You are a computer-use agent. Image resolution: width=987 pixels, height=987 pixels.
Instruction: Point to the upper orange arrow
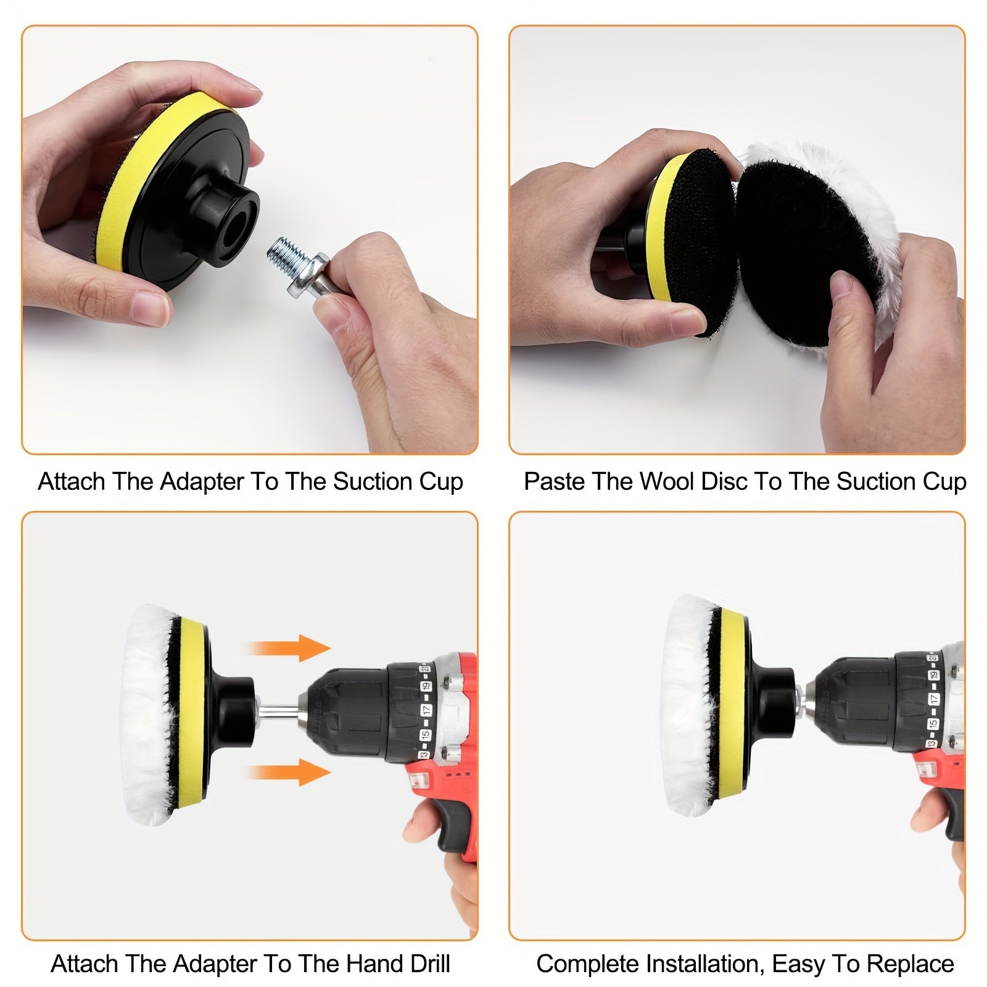click(290, 648)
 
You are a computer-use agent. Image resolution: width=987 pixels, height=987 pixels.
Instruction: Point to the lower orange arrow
click(290, 772)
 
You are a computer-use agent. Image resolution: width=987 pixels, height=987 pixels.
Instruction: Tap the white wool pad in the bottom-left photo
click(148, 716)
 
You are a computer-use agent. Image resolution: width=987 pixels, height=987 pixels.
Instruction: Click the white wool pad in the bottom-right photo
click(685, 709)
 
